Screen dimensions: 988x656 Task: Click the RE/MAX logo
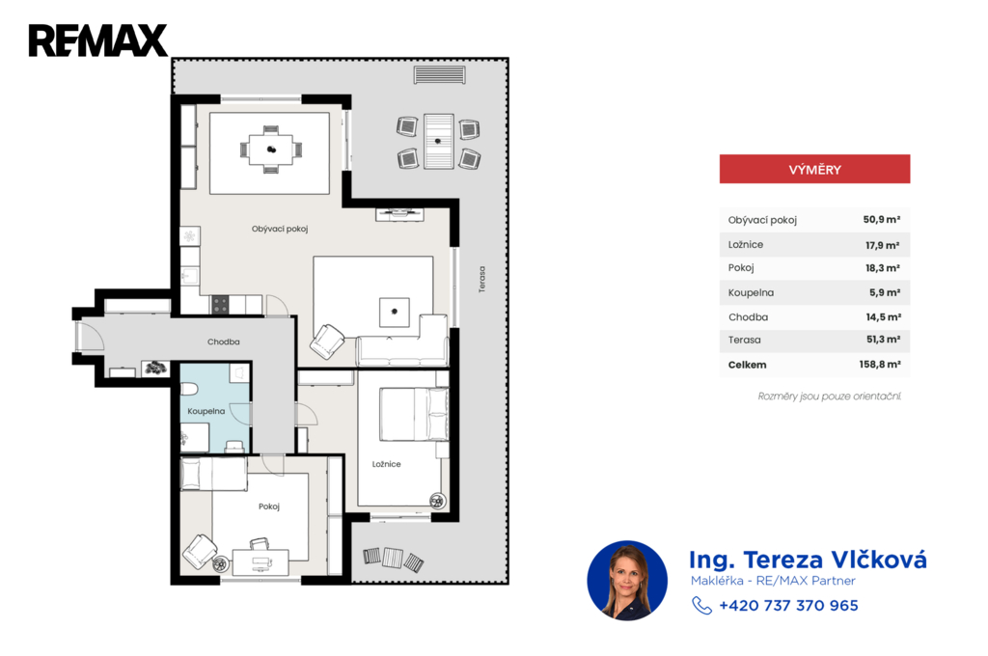coord(97,41)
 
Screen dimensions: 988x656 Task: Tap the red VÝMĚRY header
coord(814,169)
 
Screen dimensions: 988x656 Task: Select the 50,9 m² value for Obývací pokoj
coord(882,219)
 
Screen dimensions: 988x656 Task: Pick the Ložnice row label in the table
coord(746,244)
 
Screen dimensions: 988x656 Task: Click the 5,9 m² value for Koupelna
coord(885,292)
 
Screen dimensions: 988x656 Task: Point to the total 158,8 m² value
coord(880,365)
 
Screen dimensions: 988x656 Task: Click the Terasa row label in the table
coord(744,340)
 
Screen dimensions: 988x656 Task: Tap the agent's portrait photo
coord(627,581)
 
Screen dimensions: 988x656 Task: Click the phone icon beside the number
coord(701,605)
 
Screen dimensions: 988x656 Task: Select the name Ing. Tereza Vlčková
coord(808,560)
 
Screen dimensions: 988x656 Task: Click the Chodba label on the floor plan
coord(224,342)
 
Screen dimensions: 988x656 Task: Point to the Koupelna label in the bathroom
coord(206,411)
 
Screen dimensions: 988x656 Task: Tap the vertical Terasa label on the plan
coord(482,279)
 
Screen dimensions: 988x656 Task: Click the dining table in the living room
coord(271,150)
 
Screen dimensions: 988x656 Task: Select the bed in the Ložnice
coord(414,414)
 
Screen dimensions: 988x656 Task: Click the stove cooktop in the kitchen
coord(220,305)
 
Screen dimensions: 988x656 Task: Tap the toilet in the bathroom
coord(190,387)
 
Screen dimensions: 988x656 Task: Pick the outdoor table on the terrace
coord(439,141)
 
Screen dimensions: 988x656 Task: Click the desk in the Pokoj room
coord(261,562)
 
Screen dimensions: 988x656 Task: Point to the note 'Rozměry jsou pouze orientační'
coord(829,396)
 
